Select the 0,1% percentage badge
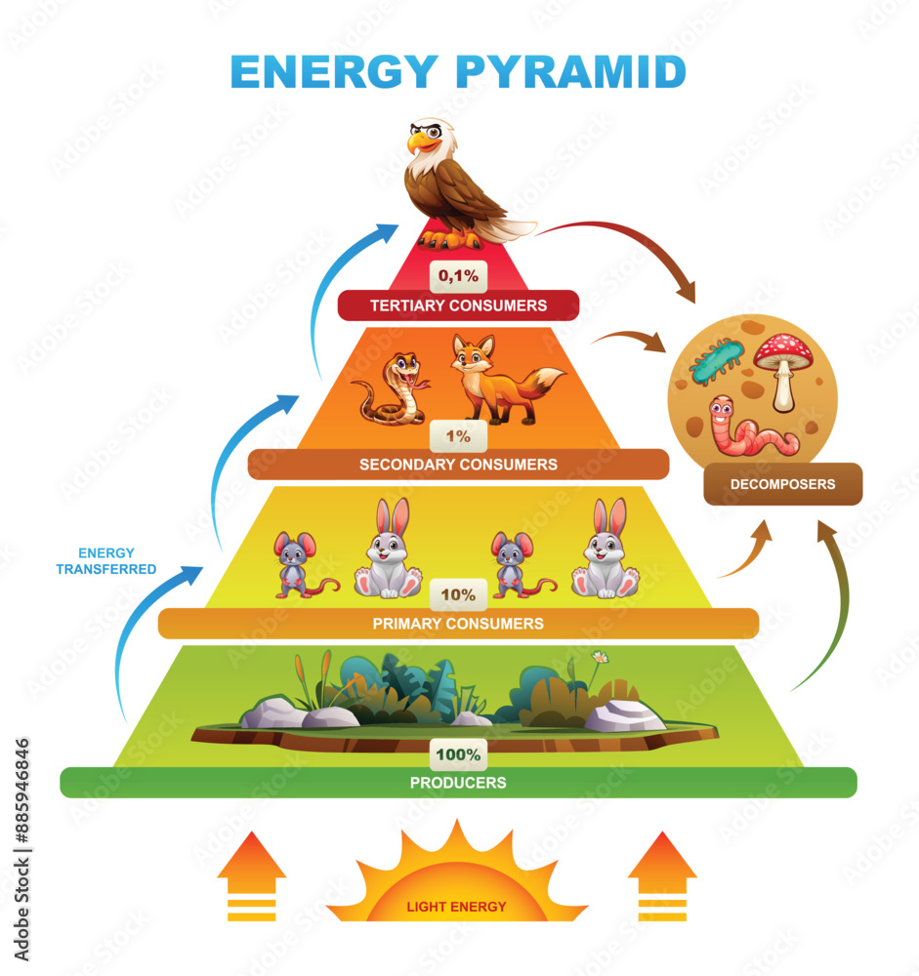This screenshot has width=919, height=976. pyautogui.click(x=458, y=276)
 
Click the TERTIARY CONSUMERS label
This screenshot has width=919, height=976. pyautogui.click(x=458, y=305)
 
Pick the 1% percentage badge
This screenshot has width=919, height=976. pyautogui.click(x=458, y=436)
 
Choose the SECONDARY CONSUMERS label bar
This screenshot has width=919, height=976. pyautogui.click(x=458, y=465)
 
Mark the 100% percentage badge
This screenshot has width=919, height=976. pyautogui.click(x=458, y=754)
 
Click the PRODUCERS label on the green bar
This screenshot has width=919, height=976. pyautogui.click(x=458, y=783)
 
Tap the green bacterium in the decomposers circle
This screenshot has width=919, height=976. pyautogui.click(x=717, y=361)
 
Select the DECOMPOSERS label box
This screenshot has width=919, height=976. pyautogui.click(x=782, y=484)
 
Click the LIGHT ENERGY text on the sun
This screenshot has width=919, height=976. pyautogui.click(x=456, y=907)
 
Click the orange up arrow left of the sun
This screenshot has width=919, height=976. pyautogui.click(x=251, y=874)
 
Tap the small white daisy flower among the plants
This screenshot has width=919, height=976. pyautogui.click(x=599, y=657)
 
